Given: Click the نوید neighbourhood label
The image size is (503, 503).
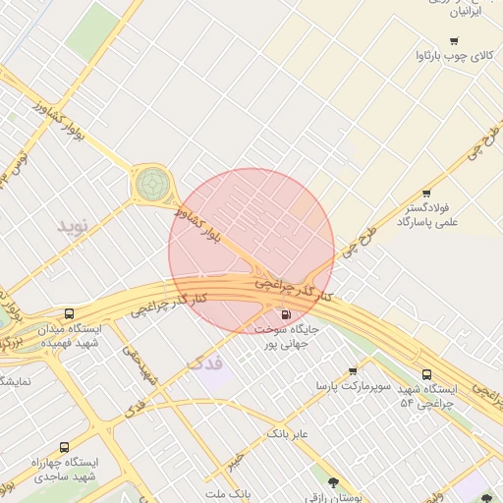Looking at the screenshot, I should pyautogui.click(x=72, y=226).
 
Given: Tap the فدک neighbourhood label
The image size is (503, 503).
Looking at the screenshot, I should pyautogui.click(x=204, y=364).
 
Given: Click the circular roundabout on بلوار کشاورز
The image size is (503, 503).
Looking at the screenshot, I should pyautogui.click(x=151, y=182).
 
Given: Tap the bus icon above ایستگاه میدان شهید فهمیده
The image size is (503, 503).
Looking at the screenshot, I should pyautogui.click(x=68, y=314).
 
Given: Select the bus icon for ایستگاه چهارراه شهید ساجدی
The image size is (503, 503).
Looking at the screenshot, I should pyautogui.click(x=65, y=447).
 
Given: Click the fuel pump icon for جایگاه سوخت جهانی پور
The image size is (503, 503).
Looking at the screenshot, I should pyautogui.click(x=285, y=315).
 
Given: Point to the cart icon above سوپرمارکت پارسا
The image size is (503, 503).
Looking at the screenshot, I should pyautogui.click(x=352, y=372).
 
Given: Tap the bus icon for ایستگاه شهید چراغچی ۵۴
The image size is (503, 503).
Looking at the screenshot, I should pyautogui.click(x=425, y=374).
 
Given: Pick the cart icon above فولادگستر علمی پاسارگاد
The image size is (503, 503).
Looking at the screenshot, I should pyautogui.click(x=425, y=194).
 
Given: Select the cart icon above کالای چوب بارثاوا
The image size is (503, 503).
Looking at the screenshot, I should pyautogui.click(x=453, y=40).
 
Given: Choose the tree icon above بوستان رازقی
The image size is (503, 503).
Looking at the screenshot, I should pyautogui.click(x=334, y=482).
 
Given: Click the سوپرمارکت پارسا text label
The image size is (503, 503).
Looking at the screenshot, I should pyautogui.click(x=353, y=388).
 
